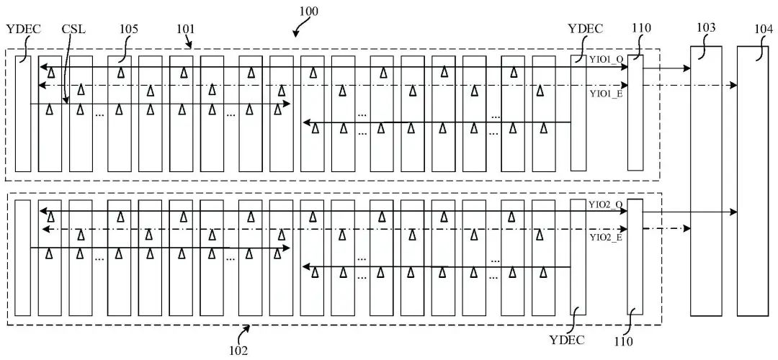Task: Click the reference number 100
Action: pos(308,10)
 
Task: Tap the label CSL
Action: pos(73,29)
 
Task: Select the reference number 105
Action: pos(128,29)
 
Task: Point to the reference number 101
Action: pos(185,29)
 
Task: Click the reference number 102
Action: pos(238,350)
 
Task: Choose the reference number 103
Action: pos(706,28)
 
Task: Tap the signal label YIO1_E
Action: pos(606,93)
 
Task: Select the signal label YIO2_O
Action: pos(606,204)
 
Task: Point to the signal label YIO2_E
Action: pos(606,237)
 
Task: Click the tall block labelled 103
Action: pos(706,181)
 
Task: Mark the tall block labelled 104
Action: pos(753,181)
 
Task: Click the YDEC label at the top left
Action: pos(23,29)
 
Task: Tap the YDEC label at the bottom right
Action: pos(567,340)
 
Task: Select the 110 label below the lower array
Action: pos(623,341)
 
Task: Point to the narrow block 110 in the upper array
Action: pos(635,113)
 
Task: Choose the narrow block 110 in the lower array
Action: pos(635,257)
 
